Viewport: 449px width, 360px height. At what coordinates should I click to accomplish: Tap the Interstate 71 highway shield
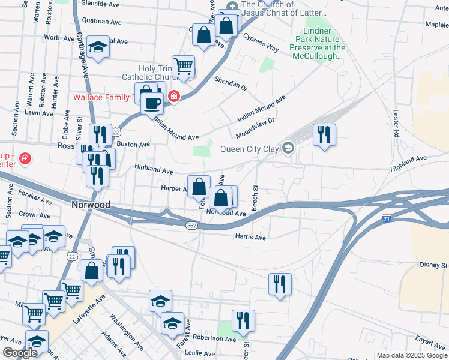pos(387,219)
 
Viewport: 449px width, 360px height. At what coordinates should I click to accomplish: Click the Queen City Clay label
pos(250,149)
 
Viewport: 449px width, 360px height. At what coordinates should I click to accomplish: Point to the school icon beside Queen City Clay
pos(288,148)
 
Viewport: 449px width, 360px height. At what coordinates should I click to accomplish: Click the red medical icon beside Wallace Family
pos(173,96)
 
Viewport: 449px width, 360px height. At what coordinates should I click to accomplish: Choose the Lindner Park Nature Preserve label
pos(317,43)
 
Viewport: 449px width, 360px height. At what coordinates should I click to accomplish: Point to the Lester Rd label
pos(396,124)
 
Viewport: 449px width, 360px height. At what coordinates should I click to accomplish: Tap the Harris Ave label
pos(250,238)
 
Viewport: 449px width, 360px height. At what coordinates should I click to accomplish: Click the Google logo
pos(20,353)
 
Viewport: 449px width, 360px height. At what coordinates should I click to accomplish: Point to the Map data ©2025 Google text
pos(411,355)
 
